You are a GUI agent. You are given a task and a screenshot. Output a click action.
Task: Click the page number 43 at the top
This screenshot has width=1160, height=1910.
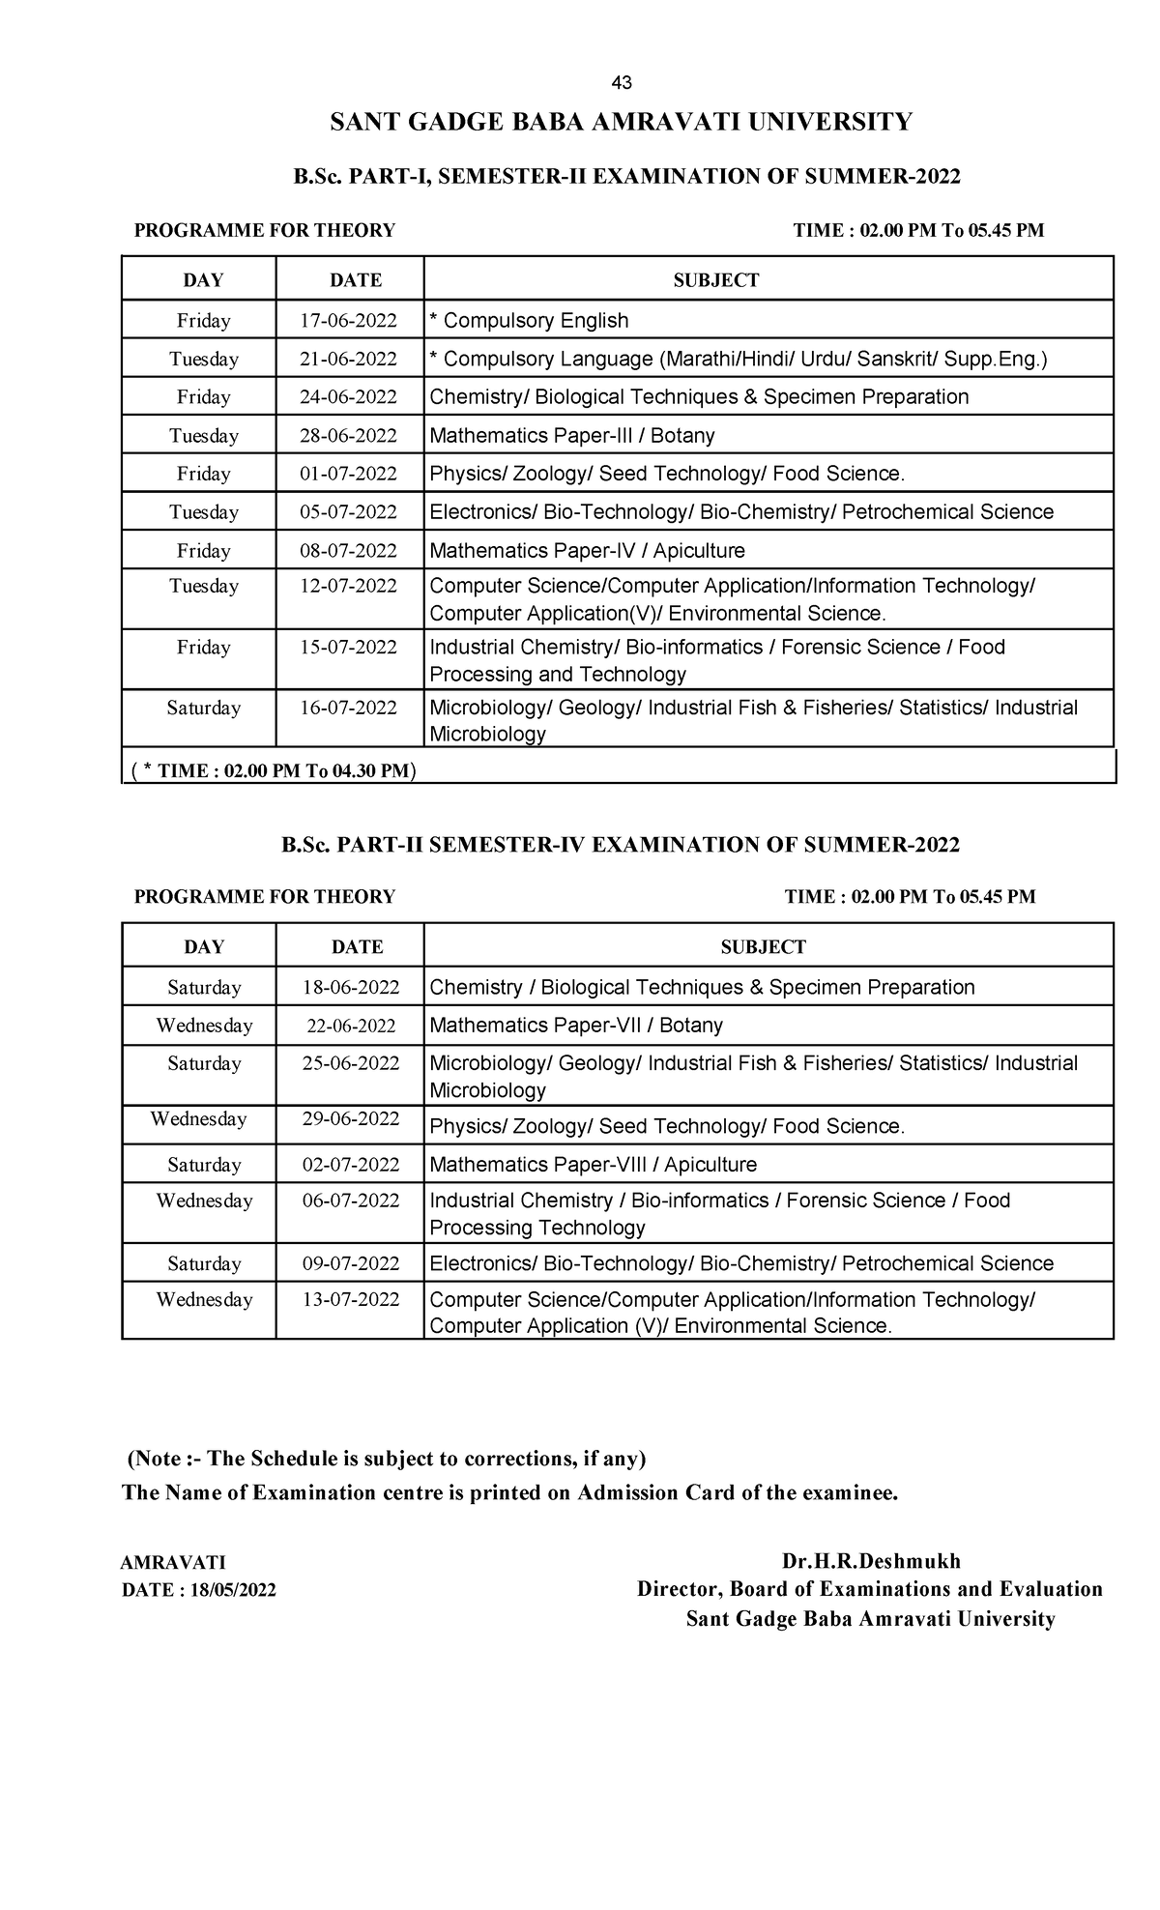[x=622, y=83]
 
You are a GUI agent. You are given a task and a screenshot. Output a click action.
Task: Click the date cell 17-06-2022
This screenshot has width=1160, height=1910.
[x=348, y=321]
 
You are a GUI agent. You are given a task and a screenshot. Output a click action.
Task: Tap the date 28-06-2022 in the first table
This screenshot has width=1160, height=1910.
[x=348, y=436]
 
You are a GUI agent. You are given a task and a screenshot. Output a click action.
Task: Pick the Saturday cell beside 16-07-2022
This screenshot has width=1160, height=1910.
[x=203, y=709]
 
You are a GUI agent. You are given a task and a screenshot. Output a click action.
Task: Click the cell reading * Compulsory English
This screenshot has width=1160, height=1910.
[x=529, y=321]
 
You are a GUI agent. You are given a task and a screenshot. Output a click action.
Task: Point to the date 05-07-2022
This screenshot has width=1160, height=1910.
[x=348, y=512]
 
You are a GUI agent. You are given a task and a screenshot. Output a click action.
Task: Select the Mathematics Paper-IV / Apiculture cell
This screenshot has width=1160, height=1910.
[x=587, y=551]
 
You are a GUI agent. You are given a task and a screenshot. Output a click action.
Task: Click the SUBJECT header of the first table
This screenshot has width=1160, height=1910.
[x=715, y=280]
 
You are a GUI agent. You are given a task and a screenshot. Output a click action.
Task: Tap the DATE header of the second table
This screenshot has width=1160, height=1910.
[x=357, y=947]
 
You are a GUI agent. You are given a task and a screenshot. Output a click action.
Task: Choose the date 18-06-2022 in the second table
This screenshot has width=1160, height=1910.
[x=351, y=988]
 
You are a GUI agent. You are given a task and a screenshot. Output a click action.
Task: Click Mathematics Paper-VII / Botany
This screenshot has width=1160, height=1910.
[x=575, y=1026]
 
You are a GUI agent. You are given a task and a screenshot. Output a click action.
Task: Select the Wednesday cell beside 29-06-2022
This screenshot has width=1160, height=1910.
[x=198, y=1119]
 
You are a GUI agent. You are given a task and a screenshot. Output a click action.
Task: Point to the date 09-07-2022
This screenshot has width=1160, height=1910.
[x=351, y=1264]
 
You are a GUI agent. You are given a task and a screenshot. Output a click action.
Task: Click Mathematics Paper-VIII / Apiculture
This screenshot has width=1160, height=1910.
[x=593, y=1166]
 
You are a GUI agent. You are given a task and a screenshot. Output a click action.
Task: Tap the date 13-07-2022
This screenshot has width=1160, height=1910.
[x=351, y=1300]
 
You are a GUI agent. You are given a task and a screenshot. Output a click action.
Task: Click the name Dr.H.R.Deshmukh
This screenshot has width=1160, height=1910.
[x=871, y=1561]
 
